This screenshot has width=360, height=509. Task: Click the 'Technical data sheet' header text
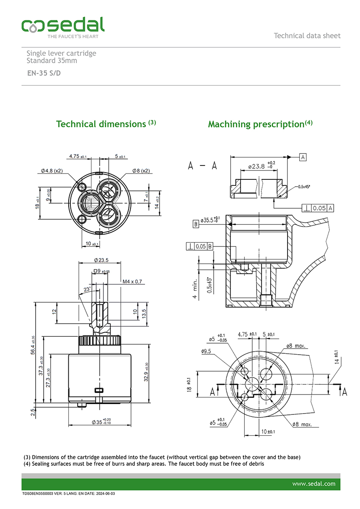coord(307,36)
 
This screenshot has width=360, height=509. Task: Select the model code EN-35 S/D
coord(44,73)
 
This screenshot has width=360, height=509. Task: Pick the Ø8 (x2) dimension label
coord(141,171)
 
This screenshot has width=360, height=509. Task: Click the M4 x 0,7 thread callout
coord(132,281)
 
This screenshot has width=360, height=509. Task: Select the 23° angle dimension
coord(87,290)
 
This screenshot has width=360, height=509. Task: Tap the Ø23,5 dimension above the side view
coord(101,260)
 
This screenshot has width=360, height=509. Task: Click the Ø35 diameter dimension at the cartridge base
coord(101,422)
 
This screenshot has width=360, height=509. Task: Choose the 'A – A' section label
coord(202,166)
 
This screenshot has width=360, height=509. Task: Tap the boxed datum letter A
coord(303,157)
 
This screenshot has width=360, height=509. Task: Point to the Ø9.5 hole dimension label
coord(207,352)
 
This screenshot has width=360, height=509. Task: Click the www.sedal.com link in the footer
coord(314,484)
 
